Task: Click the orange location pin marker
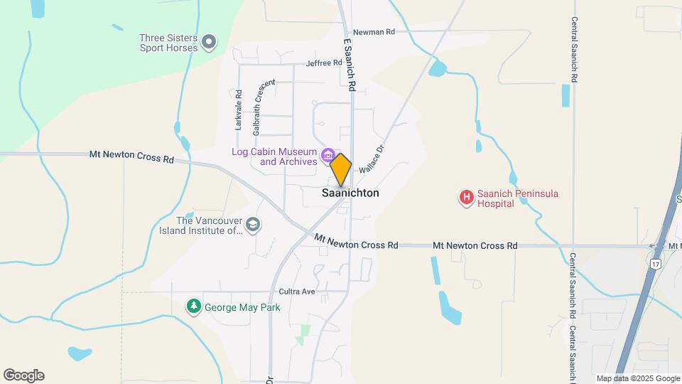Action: click(x=341, y=169)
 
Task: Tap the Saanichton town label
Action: click(x=350, y=193)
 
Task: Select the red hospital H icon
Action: click(x=466, y=197)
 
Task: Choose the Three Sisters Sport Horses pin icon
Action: click(x=209, y=43)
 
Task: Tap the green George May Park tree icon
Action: click(x=193, y=306)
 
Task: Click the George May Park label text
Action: click(x=242, y=308)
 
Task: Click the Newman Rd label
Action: click(x=374, y=32)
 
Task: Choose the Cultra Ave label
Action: click(x=297, y=292)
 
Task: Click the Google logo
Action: click(x=23, y=375)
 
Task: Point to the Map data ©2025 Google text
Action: click(x=638, y=378)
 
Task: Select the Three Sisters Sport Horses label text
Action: click(x=170, y=43)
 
